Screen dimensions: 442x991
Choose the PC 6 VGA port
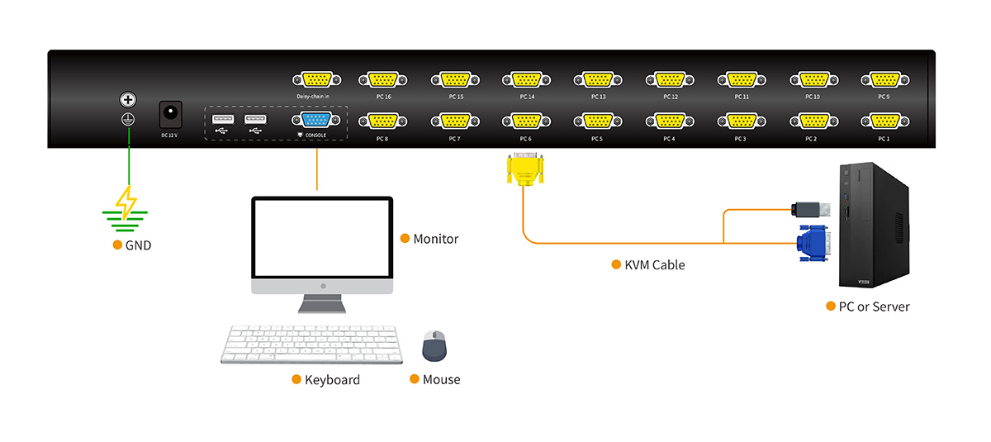(525, 121)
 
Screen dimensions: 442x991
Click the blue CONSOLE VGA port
(316, 121)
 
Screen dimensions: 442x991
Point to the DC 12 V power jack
(170, 112)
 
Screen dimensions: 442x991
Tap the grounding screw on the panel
(128, 100)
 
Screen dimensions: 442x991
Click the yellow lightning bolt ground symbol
(126, 202)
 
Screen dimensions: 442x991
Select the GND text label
(138, 245)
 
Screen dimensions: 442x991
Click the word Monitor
(435, 239)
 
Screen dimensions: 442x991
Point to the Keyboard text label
(332, 380)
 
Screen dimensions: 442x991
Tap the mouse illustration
(434, 346)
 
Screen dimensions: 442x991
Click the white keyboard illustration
(311, 344)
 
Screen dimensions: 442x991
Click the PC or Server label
(874, 307)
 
